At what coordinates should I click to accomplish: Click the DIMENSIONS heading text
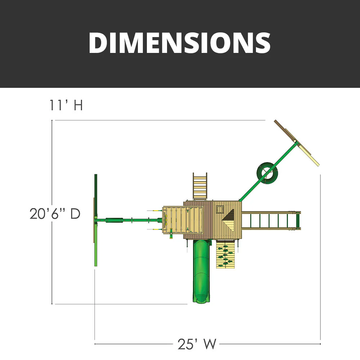point(180,43)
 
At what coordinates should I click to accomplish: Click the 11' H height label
point(66,105)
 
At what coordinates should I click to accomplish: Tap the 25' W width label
point(197,344)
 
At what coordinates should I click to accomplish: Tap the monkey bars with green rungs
point(268,220)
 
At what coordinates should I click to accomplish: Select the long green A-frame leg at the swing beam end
point(96,220)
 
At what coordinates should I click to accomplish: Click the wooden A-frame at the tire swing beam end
point(297,143)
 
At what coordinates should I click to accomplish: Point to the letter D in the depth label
point(75,213)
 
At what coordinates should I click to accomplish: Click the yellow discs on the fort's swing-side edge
point(166,220)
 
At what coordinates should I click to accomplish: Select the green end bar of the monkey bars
point(298,220)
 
